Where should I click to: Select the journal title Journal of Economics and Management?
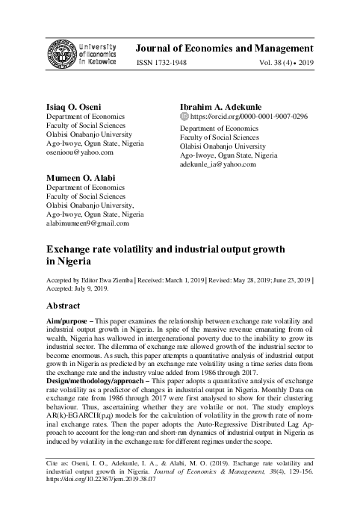[x=232, y=49]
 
